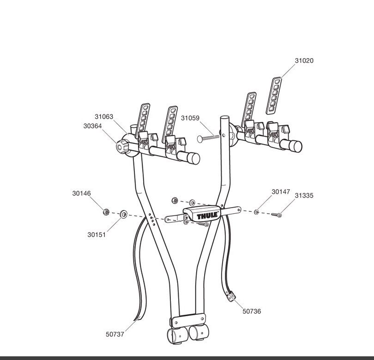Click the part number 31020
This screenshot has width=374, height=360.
[x=304, y=61]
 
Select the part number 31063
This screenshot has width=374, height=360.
[x=104, y=117]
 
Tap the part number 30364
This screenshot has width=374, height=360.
[x=92, y=126]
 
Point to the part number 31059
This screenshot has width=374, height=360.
[x=190, y=118]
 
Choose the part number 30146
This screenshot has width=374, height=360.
[x=82, y=193]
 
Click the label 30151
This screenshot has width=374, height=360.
[x=97, y=235]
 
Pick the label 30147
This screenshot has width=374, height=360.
[x=281, y=192]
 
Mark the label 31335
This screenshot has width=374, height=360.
[x=304, y=196]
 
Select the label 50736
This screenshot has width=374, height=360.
[x=252, y=312]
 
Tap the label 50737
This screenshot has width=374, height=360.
[x=115, y=335]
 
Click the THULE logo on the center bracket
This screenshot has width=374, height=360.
[x=207, y=216]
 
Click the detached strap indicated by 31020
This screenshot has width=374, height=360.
[x=274, y=96]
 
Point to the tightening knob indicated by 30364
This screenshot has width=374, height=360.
[x=122, y=146]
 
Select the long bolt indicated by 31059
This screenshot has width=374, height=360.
[x=208, y=138]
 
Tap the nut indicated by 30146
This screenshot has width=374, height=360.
[x=106, y=212]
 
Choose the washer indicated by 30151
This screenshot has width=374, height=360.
[x=124, y=214]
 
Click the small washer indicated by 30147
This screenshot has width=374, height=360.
[x=256, y=211]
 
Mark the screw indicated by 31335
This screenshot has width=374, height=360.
[x=277, y=215]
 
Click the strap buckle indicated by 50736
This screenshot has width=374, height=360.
[x=231, y=296]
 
